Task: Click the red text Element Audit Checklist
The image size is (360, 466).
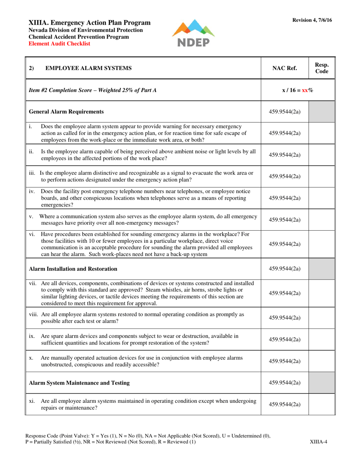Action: click(x=59, y=44)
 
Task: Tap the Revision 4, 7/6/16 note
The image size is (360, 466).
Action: click(x=312, y=20)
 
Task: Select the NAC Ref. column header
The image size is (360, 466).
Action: click(x=285, y=68)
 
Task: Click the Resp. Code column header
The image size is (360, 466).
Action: click(x=322, y=68)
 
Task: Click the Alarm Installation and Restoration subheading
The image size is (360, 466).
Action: click(x=73, y=269)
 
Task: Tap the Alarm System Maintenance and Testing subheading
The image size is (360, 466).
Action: click(x=79, y=383)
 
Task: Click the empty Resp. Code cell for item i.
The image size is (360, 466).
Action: click(x=322, y=133)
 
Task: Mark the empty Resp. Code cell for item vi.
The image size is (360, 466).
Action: click(x=322, y=244)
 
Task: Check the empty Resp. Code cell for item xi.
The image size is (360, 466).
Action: click(x=322, y=404)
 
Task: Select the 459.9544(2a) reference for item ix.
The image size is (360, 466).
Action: click(x=285, y=339)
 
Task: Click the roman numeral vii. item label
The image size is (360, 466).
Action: click(x=33, y=283)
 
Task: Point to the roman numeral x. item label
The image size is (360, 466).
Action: click(x=31, y=358)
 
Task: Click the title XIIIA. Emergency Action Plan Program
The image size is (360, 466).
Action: click(x=90, y=23)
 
